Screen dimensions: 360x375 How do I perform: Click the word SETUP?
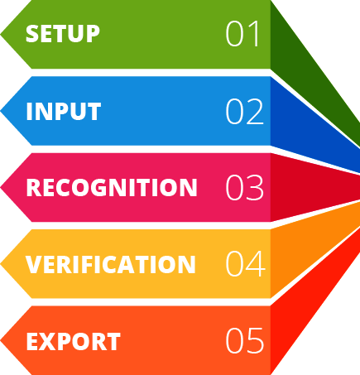point(63,34)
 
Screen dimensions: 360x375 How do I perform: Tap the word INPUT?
point(64,111)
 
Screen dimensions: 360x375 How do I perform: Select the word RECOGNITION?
point(112,187)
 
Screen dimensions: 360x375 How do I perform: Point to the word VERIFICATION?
point(111,264)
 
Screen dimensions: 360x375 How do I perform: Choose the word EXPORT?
point(74,341)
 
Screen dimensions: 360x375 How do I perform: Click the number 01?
point(242,34)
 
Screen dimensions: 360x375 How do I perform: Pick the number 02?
point(245,111)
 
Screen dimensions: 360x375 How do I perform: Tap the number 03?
point(245,187)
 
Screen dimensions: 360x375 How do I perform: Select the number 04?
point(246,264)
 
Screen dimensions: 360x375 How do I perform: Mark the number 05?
point(245,340)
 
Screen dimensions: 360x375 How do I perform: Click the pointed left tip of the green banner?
point(1,35)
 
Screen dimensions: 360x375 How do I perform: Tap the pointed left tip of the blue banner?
point(1,111)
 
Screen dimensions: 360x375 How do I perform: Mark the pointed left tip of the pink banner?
point(1,187)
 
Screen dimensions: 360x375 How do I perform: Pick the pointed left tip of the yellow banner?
point(1,264)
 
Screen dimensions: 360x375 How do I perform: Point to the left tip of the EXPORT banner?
point(1,340)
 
